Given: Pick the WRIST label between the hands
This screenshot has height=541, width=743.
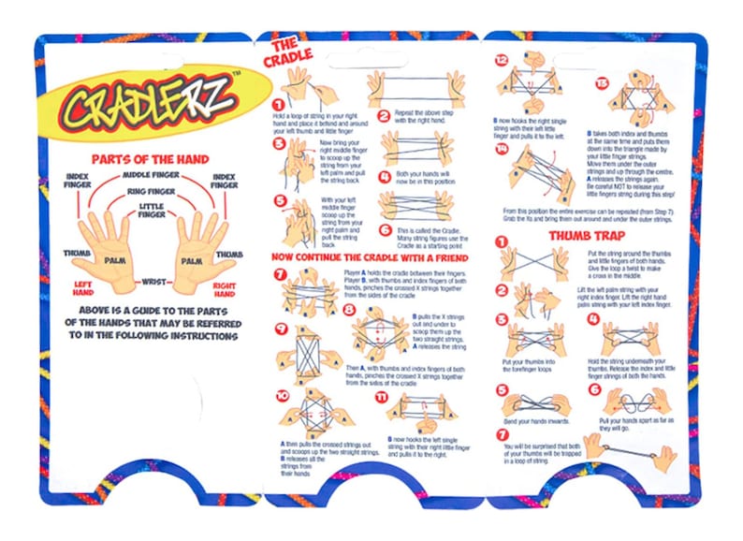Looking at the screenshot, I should (x=153, y=280).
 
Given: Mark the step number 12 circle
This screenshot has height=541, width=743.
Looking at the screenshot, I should (x=503, y=59).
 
